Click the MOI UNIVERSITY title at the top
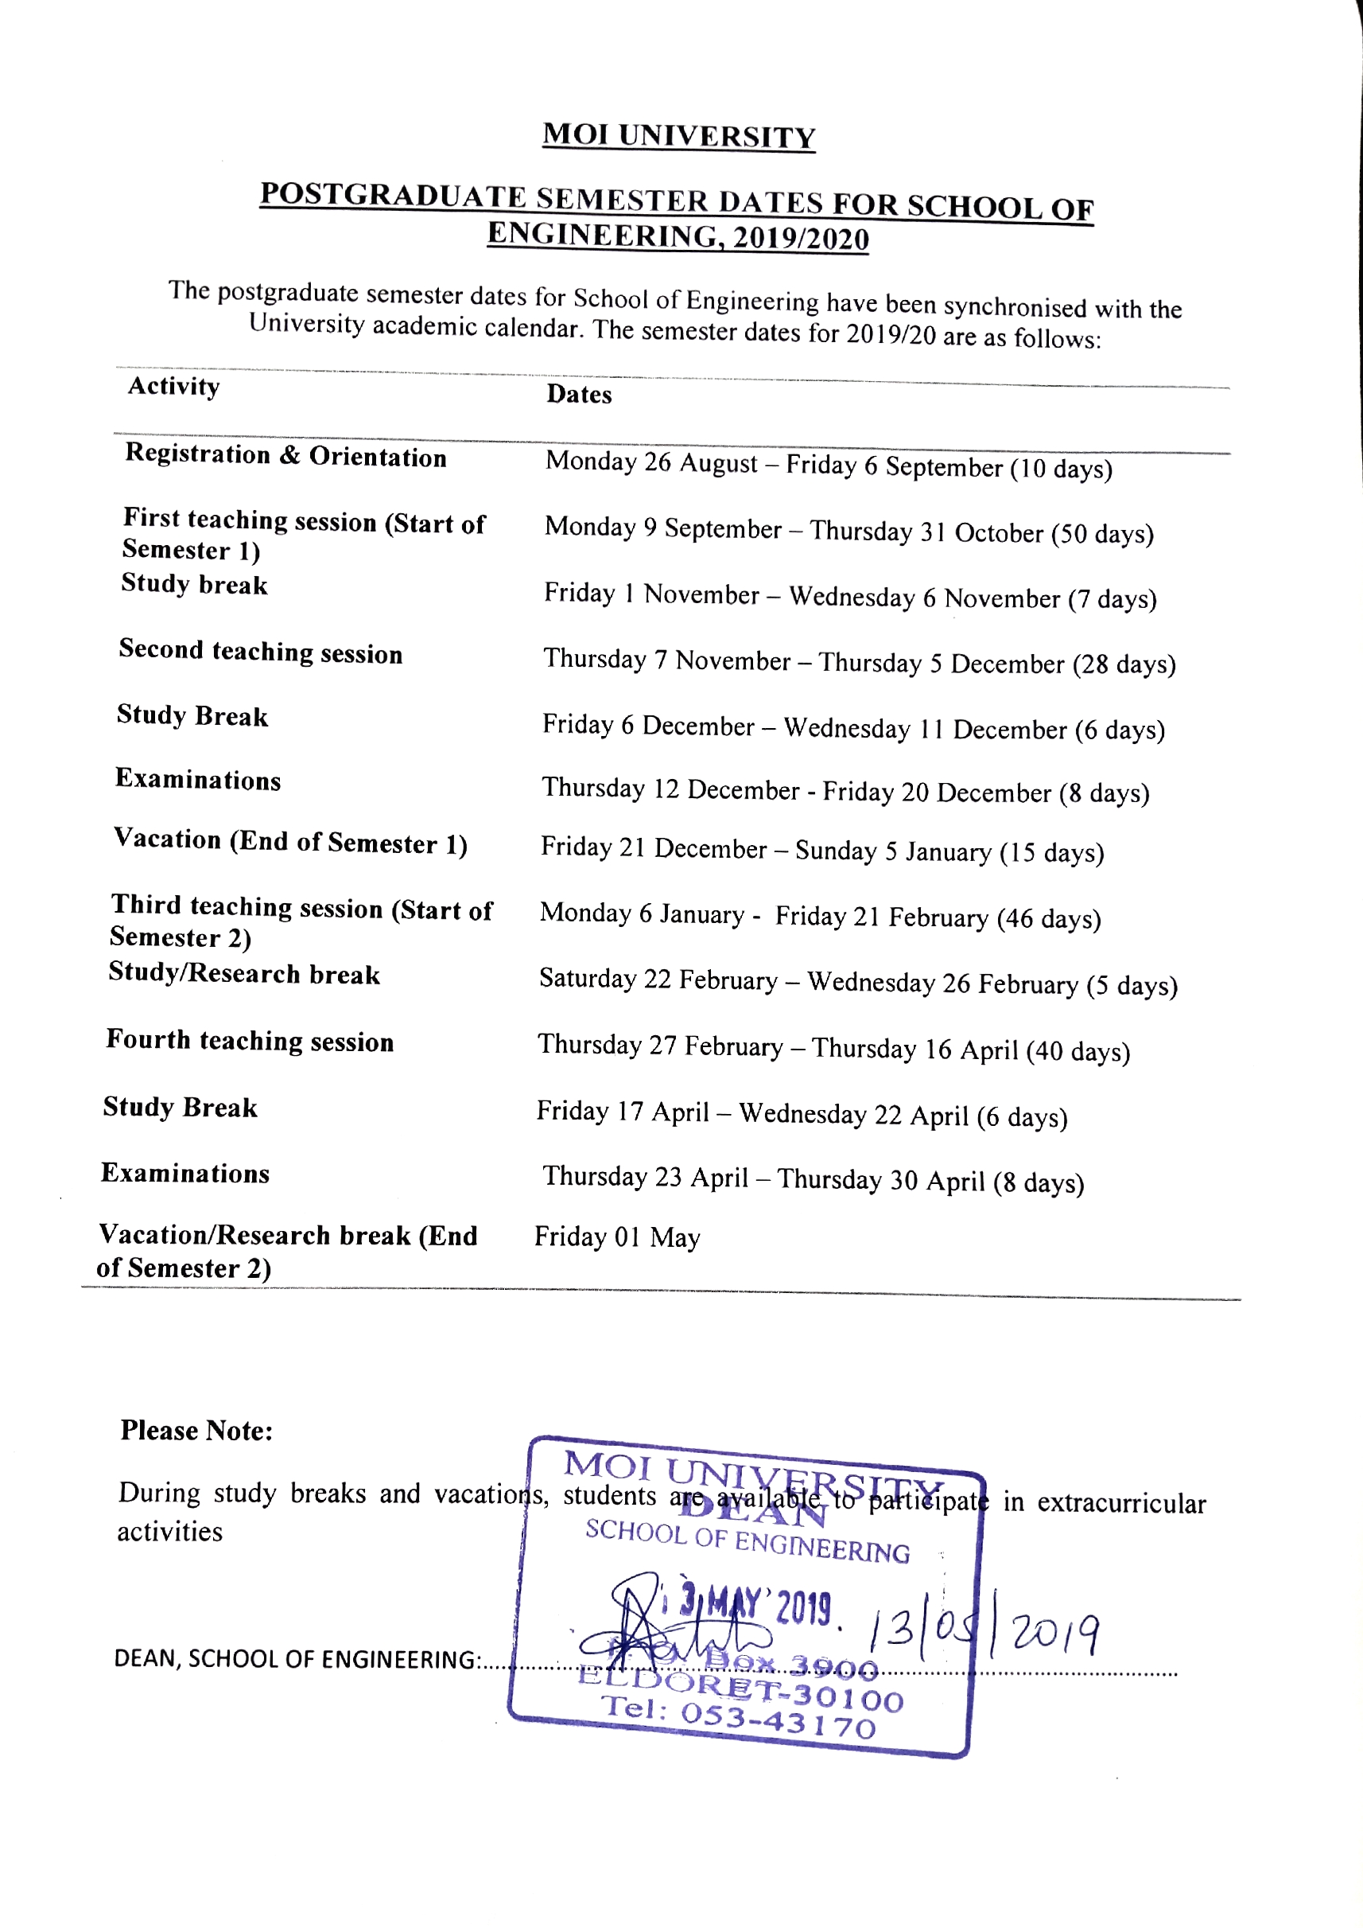(x=678, y=135)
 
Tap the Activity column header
(x=173, y=386)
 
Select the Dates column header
(x=579, y=395)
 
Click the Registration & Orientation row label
(x=285, y=455)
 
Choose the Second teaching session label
(x=260, y=652)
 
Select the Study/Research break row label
(x=243, y=973)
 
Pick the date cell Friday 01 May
(x=617, y=1237)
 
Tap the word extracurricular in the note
(x=1121, y=1503)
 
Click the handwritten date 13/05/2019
(x=982, y=1634)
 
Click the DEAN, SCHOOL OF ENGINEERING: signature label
(x=298, y=1659)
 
